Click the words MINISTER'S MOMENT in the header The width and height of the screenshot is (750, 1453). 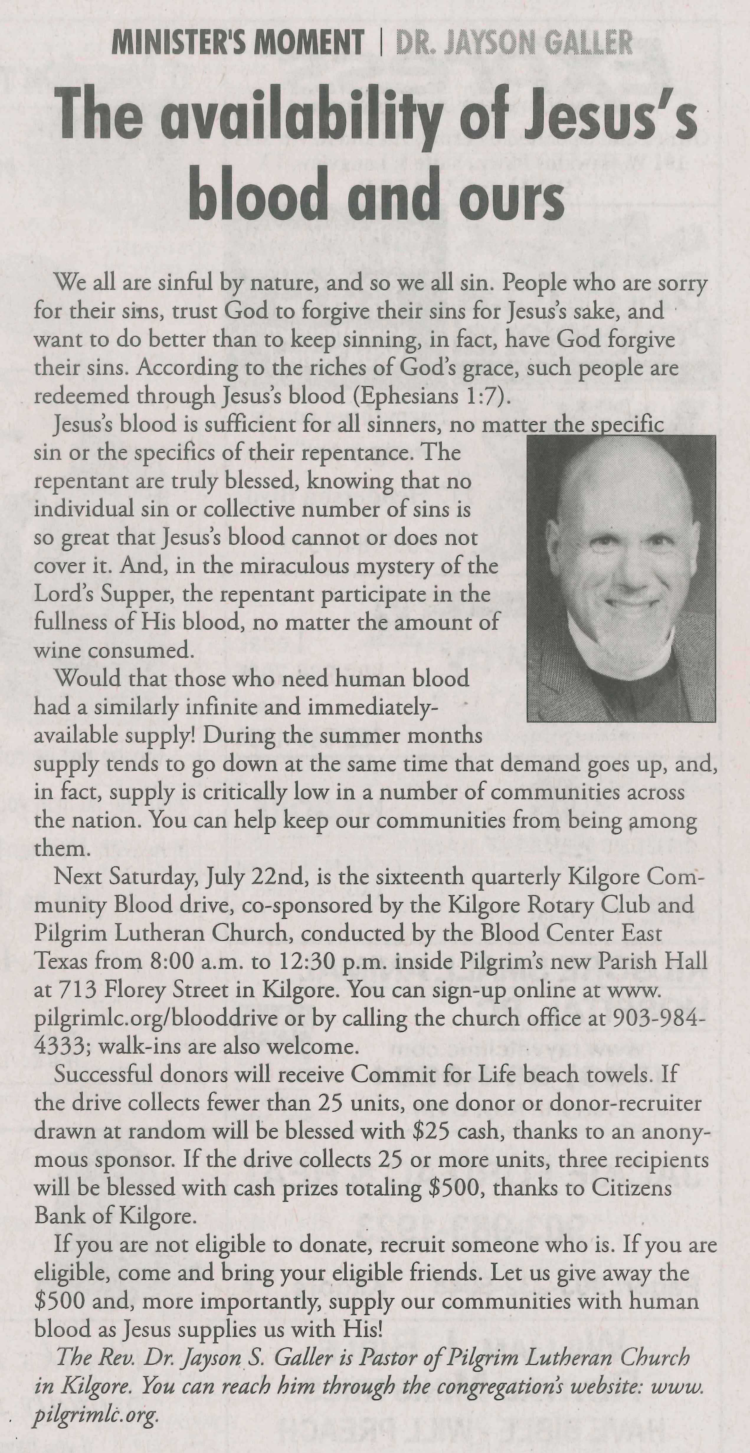click(x=237, y=42)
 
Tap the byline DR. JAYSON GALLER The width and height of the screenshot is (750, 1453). click(x=514, y=42)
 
